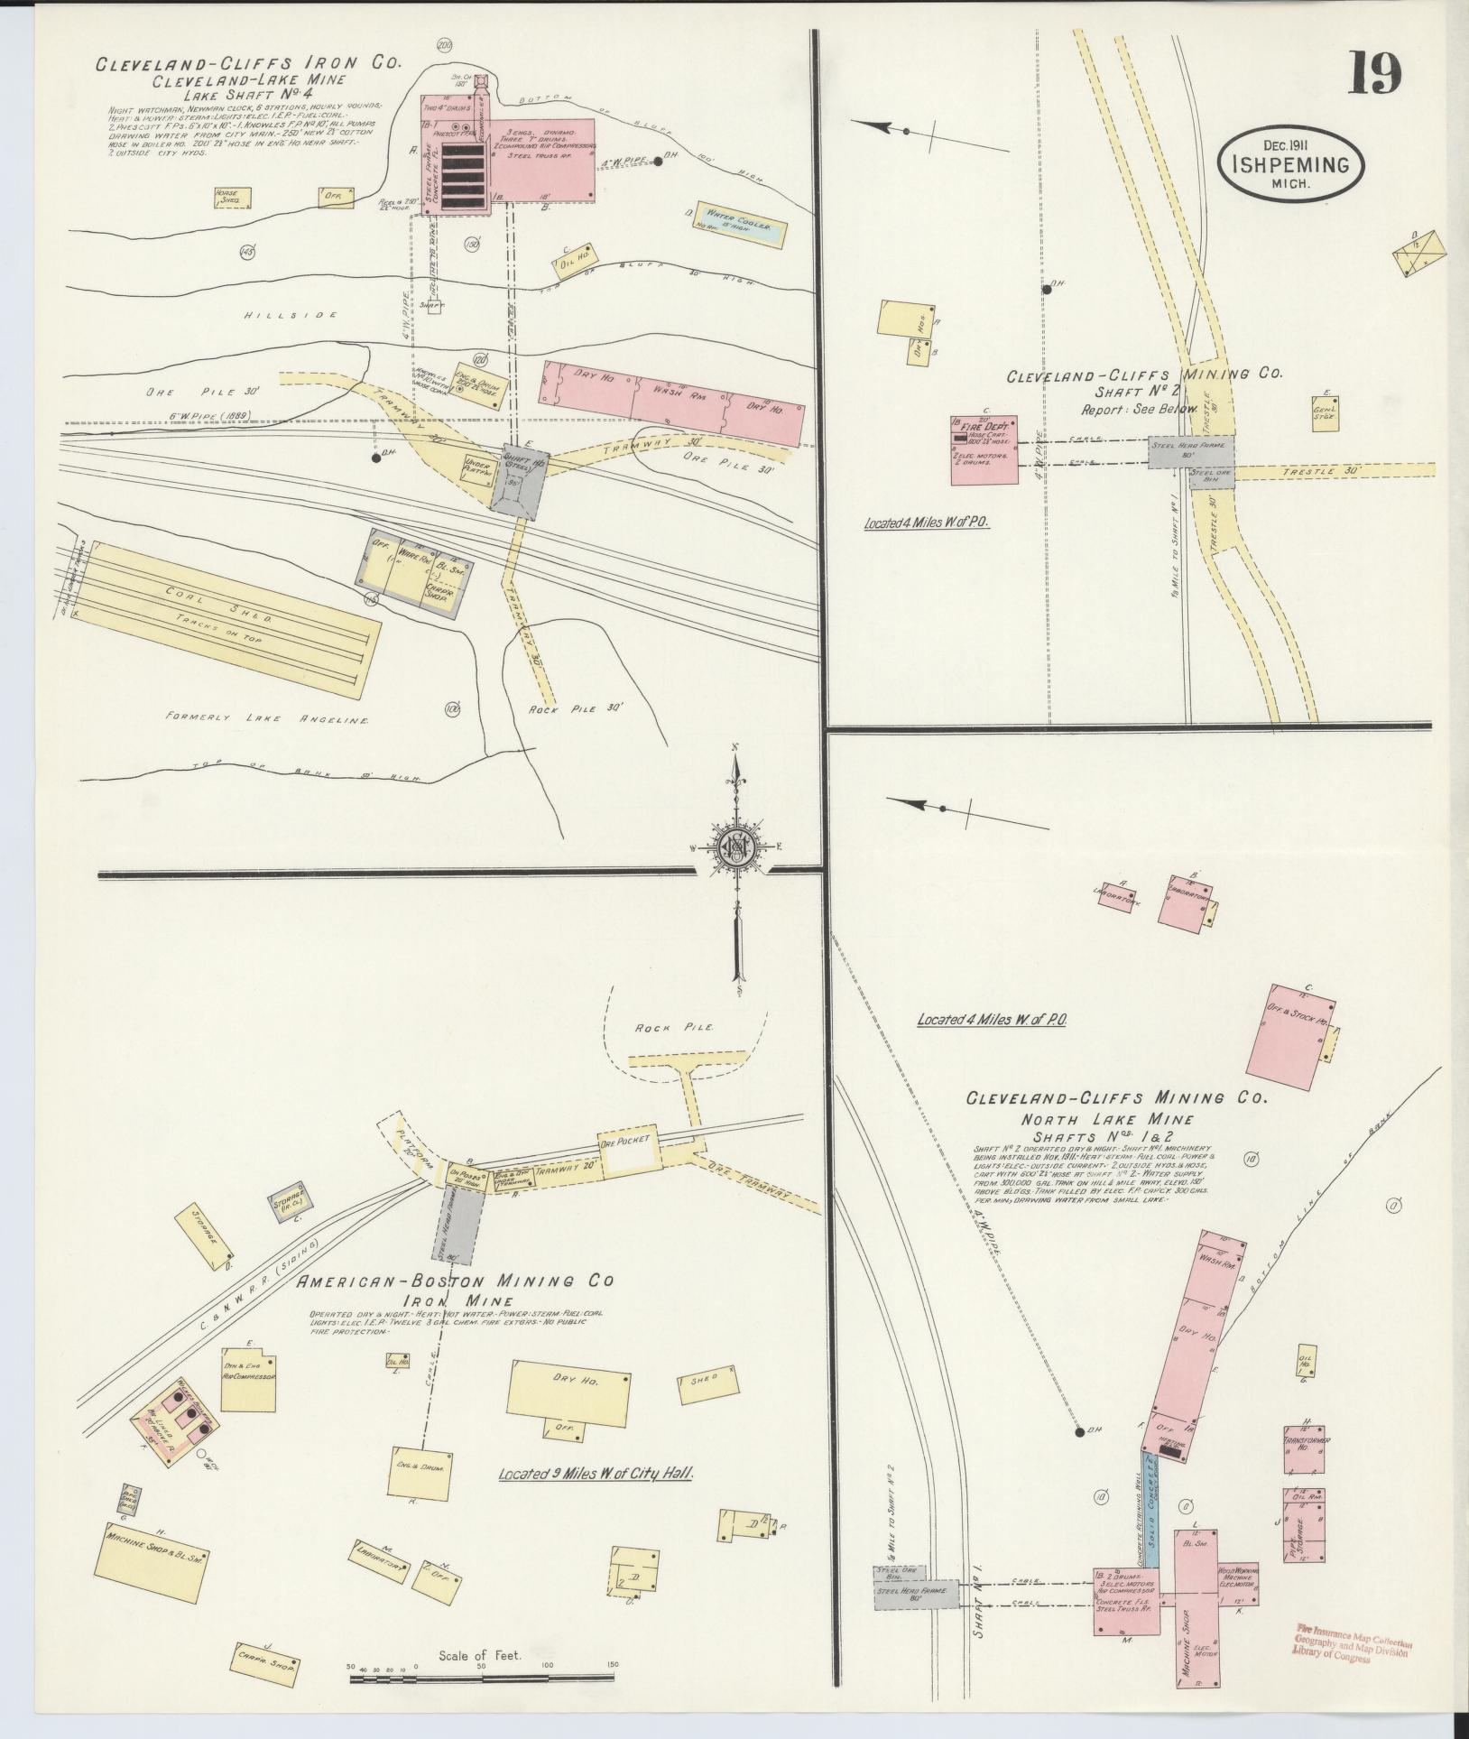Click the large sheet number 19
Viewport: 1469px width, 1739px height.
(1375, 75)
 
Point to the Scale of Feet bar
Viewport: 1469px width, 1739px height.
(483, 1677)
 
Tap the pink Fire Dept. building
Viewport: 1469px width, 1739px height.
(984, 449)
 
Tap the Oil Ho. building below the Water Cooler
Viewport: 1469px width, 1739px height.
(576, 258)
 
